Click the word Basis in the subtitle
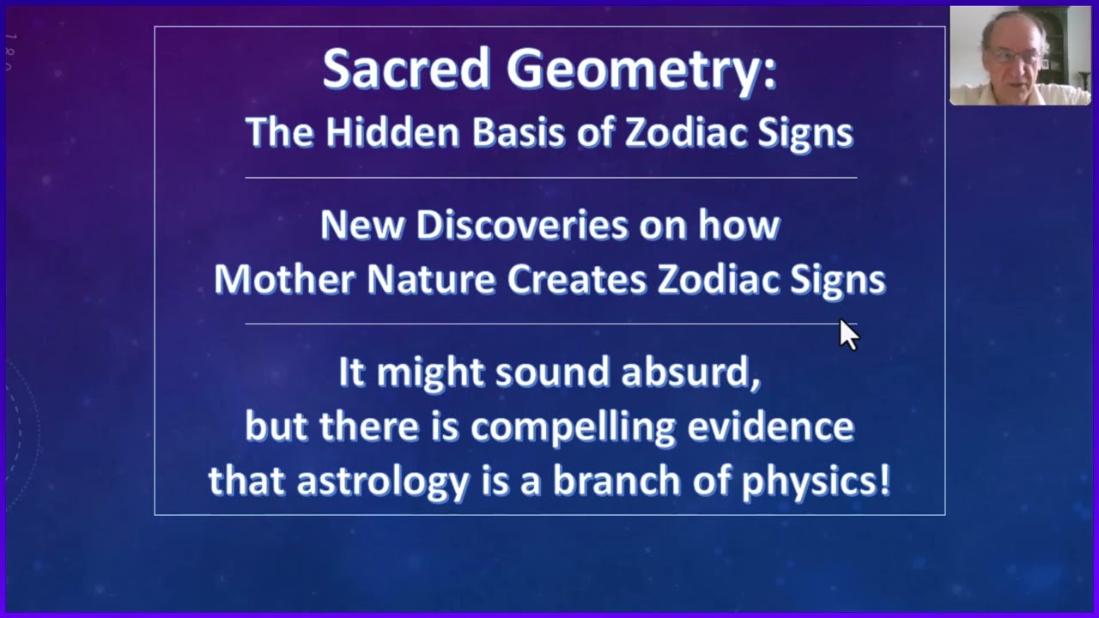518,131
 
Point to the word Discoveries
522,225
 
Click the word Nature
431,279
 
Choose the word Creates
576,279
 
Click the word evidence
770,426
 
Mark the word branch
617,480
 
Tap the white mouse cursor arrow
849,335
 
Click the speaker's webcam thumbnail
1020,56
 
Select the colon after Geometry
770,75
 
